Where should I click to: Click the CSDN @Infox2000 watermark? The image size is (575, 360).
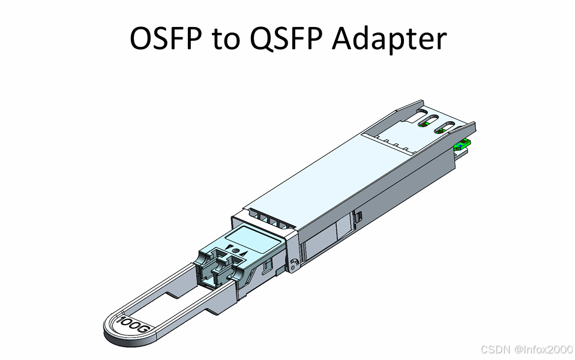[526, 349]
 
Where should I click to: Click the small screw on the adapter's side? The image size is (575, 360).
[293, 263]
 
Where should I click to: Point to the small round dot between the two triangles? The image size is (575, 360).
[235, 250]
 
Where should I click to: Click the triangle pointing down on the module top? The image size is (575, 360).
[229, 247]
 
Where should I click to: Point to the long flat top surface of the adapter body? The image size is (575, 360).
[336, 174]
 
